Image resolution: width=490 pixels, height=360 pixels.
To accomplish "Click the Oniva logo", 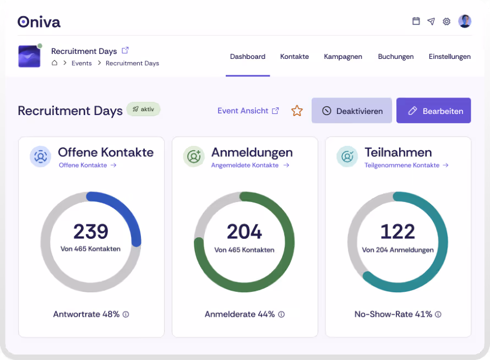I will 39,21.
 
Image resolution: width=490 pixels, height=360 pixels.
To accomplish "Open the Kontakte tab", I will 294,57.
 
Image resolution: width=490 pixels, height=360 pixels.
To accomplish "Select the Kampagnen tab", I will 343,57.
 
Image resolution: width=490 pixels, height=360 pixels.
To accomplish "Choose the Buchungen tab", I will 395,57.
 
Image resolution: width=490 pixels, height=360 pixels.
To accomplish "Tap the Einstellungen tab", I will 449,57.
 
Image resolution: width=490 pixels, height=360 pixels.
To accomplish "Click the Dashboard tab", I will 247,57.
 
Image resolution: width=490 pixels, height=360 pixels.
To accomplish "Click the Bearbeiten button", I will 433,111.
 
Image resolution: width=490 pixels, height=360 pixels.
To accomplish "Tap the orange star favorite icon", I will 297,111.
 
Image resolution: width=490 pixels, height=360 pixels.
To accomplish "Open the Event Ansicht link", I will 248,111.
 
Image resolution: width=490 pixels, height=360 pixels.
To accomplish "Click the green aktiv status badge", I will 143,109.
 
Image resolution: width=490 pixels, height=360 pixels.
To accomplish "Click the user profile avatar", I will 465,21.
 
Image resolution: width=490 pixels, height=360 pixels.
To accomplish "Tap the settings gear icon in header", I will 447,21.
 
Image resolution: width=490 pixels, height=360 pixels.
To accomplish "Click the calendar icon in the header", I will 416,21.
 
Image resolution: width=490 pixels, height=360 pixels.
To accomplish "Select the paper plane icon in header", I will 431,21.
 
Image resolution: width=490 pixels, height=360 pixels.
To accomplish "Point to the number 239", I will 91,232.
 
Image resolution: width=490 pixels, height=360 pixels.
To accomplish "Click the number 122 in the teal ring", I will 398,232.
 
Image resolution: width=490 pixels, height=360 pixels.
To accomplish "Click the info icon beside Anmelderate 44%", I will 281,314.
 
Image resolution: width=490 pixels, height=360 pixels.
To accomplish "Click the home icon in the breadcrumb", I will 55,63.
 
